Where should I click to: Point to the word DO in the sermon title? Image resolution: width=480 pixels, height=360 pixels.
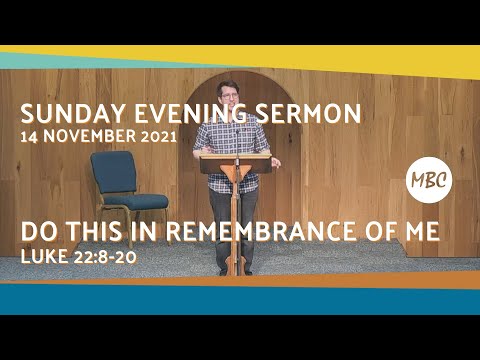[x=36, y=233]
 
